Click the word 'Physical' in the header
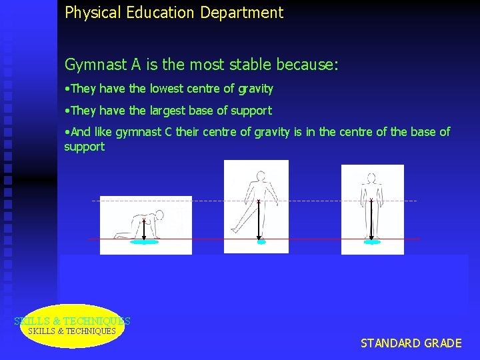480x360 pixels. point(89,13)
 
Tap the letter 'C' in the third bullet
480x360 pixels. point(167,132)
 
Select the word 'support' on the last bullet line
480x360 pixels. point(84,146)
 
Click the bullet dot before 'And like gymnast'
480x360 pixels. point(67,132)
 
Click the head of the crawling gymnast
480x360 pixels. point(161,217)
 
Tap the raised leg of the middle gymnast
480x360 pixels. point(241,217)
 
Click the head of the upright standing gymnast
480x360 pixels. point(371,178)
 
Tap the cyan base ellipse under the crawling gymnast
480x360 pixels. point(145,243)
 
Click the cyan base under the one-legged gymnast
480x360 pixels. point(261,242)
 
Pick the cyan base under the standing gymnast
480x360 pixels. point(372,242)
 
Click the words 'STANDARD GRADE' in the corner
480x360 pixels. point(411,343)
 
